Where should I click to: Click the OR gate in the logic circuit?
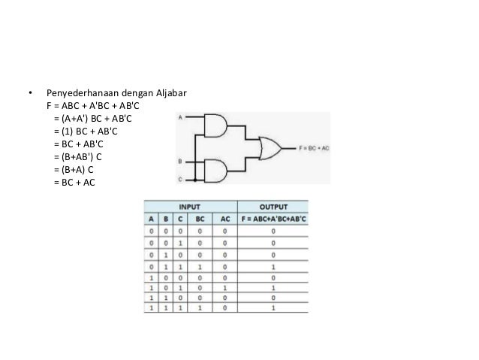[x=268, y=148]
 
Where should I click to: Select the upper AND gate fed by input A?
[x=216, y=126]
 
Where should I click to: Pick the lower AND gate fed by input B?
[x=216, y=173]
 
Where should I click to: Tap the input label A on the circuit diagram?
[x=179, y=118]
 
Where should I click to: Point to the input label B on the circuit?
[x=179, y=161]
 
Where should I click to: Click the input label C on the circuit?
[x=179, y=180]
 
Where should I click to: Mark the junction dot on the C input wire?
[x=195, y=180]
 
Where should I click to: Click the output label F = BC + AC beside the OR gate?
[x=314, y=149]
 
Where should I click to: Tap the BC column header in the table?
[x=199, y=218]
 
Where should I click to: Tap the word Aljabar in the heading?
[x=170, y=94]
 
